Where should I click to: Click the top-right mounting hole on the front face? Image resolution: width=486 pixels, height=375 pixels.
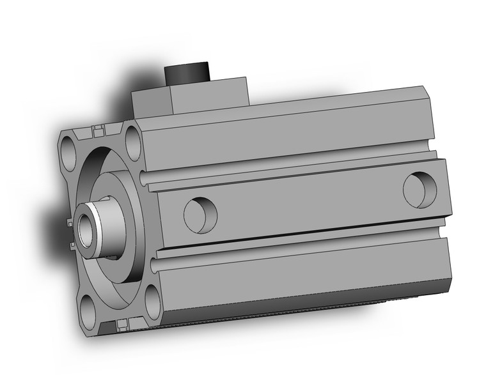click(133, 139)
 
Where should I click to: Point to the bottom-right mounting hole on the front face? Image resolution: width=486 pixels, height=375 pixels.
click(151, 298)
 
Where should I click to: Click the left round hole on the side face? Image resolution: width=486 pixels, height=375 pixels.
click(200, 211)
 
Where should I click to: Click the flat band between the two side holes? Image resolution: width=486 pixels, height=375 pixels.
click(307, 204)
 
